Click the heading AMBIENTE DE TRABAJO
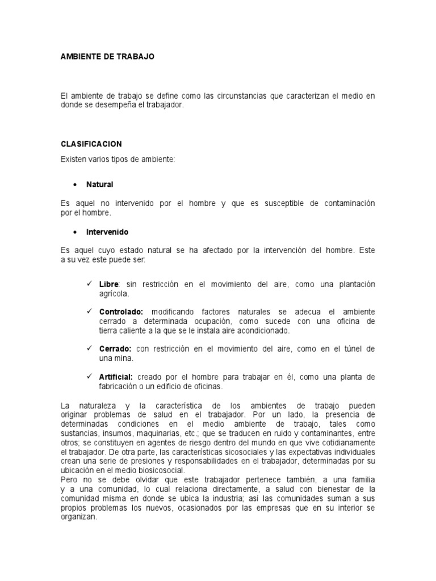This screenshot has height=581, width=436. (107, 57)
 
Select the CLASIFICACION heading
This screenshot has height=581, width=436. (91, 144)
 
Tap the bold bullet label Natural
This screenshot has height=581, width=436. (100, 184)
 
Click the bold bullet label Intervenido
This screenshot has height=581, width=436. (107, 232)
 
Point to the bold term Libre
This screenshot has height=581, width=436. (108, 284)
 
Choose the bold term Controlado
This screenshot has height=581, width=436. (121, 312)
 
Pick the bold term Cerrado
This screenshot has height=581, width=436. (115, 349)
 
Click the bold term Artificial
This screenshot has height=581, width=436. (116, 377)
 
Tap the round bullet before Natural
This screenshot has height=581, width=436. (75, 185)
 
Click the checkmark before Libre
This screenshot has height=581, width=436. (89, 283)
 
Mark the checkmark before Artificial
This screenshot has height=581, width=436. (89, 377)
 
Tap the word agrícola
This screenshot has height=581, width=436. (114, 293)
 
